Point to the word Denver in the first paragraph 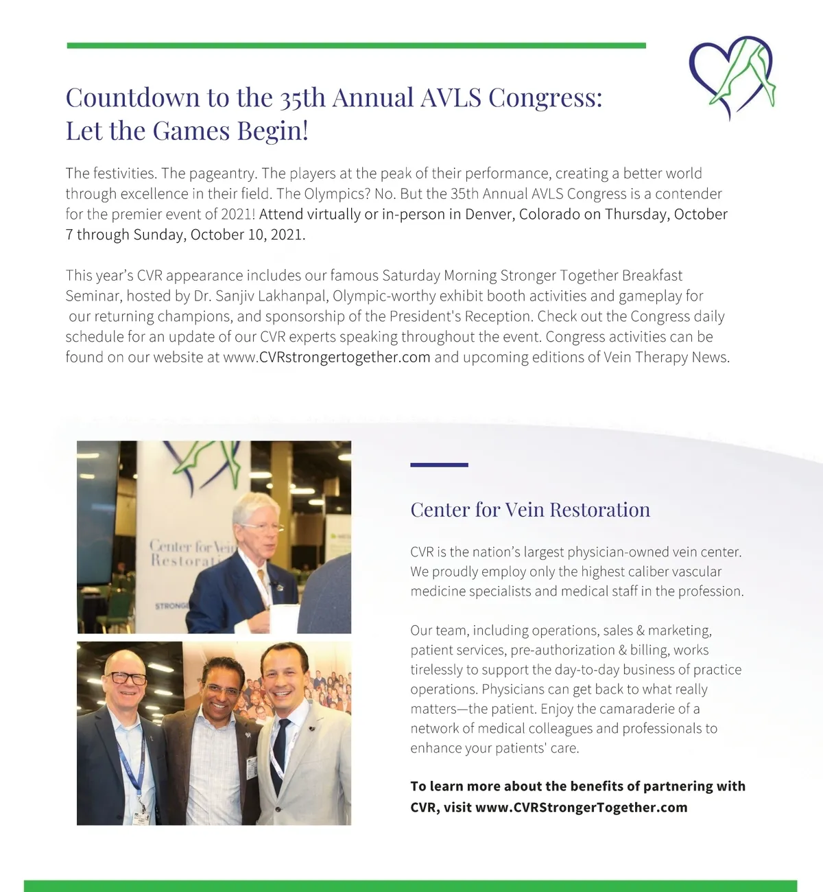pos(489,214)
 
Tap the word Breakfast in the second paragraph pos(652,275)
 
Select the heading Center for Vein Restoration pos(530,510)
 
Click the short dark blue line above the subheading pos(439,465)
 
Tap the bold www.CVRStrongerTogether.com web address pos(581,807)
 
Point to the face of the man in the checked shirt pos(224,686)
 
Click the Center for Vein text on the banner pos(193,547)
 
